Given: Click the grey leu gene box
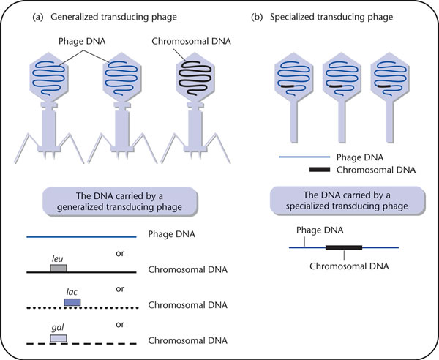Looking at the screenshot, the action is point(59,269).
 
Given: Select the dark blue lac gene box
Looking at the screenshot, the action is point(72,302).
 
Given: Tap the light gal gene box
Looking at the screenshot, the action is point(59,338).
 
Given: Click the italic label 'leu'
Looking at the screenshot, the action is point(57,259).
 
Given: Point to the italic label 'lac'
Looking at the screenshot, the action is point(72,292).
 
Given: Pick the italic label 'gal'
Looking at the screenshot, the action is point(58,328).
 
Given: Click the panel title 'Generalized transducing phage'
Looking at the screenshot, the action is point(113,17).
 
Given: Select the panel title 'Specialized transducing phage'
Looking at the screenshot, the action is point(331,17).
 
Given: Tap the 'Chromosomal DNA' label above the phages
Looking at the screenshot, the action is point(191,42).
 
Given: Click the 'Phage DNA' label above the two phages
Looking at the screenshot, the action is point(82,42).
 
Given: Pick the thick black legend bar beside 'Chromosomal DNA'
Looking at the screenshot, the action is point(320,169).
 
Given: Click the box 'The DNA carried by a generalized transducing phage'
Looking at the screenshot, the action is point(120,201).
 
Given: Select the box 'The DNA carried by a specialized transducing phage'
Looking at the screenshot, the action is point(347,200).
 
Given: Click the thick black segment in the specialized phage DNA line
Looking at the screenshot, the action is point(344,247).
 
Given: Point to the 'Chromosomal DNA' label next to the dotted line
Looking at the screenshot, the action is point(187,305).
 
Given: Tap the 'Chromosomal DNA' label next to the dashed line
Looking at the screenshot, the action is point(187,340).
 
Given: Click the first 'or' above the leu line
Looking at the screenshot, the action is point(120,254).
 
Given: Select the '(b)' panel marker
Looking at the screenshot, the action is point(257,17).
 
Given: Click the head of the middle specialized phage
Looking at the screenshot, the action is point(342,76).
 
